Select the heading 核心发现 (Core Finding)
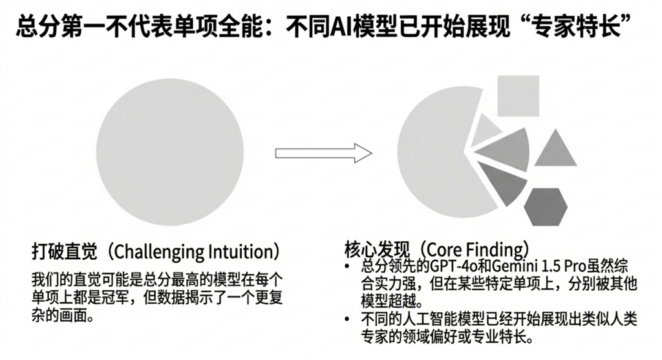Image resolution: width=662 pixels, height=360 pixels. (436, 249)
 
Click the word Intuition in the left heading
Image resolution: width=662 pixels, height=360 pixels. (242, 250)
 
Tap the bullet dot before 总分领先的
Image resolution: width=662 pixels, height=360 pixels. (349, 266)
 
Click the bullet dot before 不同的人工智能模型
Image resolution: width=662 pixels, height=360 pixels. (349, 319)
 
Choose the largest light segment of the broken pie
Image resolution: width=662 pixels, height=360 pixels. (433, 155)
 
